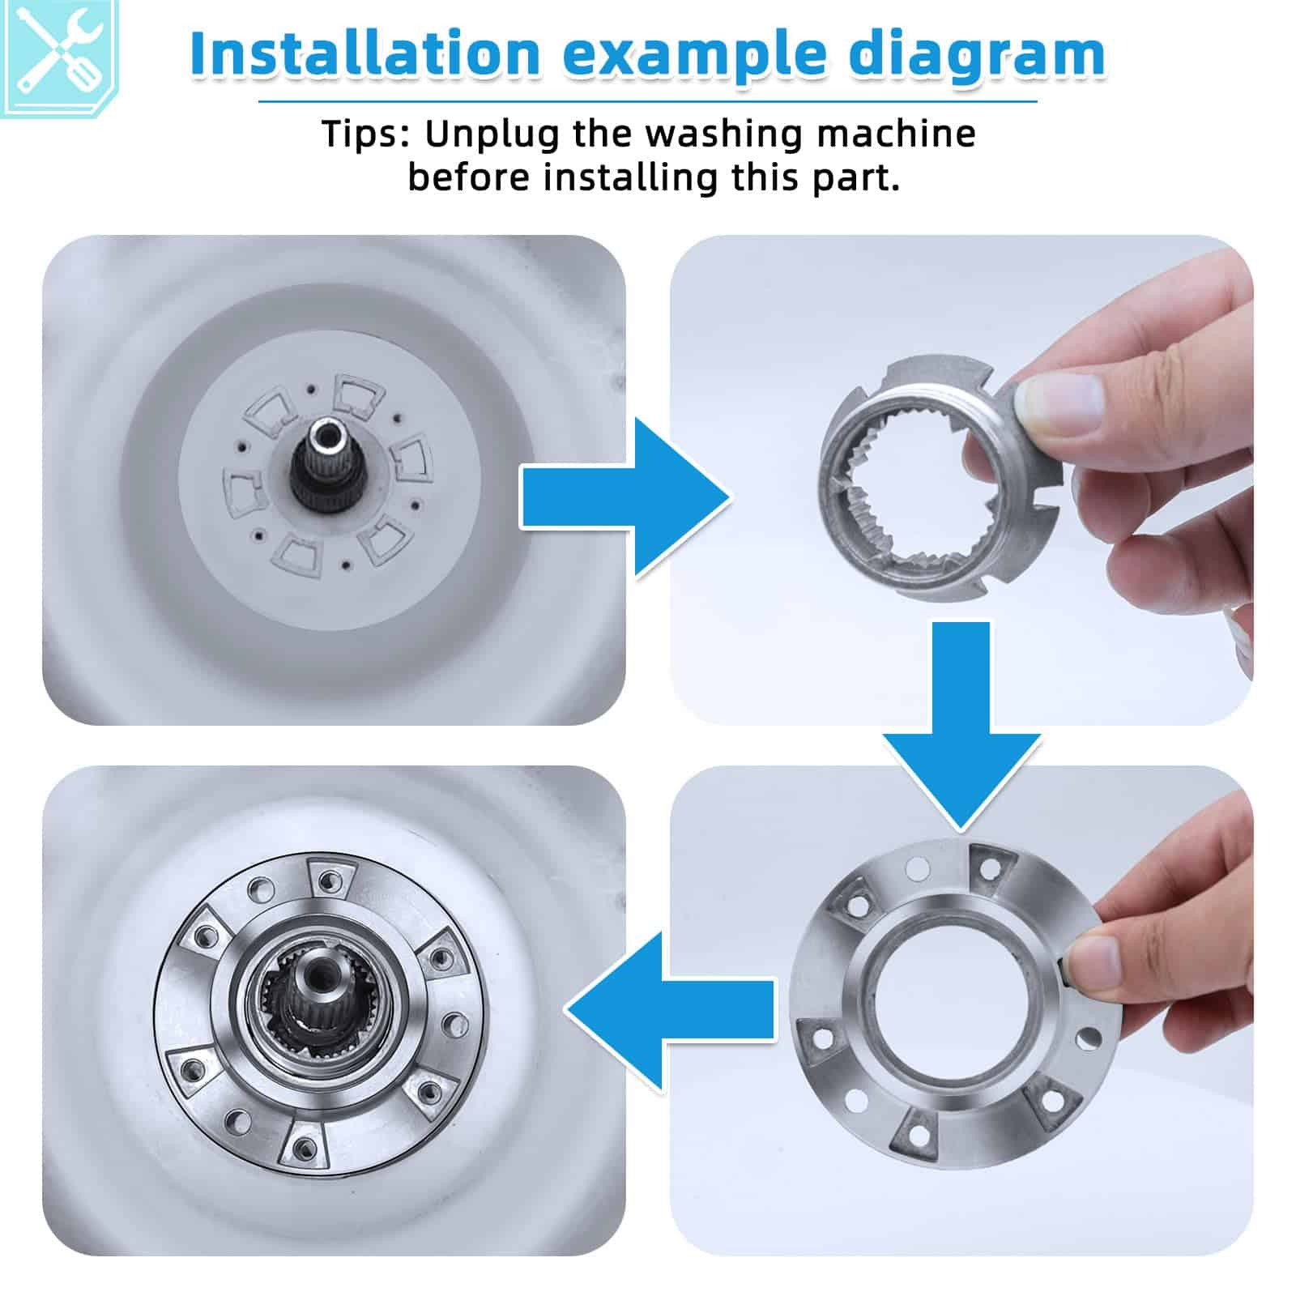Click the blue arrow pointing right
[624, 497]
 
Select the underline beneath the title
[647, 102]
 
